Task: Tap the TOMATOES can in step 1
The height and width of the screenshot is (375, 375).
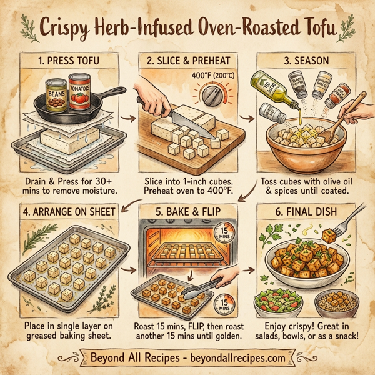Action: [x=81, y=92]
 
